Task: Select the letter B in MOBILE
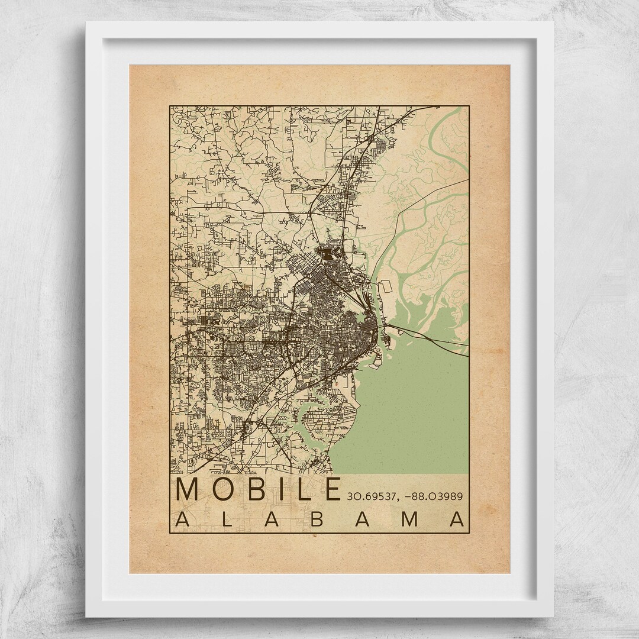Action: [x=258, y=489]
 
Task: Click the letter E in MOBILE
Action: [x=330, y=489]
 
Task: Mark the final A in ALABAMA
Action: [x=457, y=518]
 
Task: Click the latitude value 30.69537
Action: [x=369, y=496]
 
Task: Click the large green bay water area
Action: [x=414, y=408]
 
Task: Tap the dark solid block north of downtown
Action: [x=327, y=255]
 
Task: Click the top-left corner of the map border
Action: [x=170, y=106]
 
